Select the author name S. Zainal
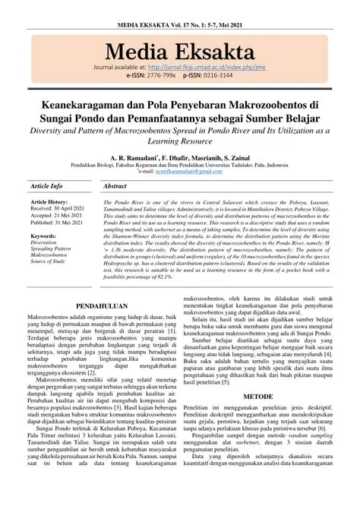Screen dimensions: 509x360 tap(237, 156)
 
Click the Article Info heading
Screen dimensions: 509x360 tap(46, 186)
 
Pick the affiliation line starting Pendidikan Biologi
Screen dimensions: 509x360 tap(179, 165)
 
